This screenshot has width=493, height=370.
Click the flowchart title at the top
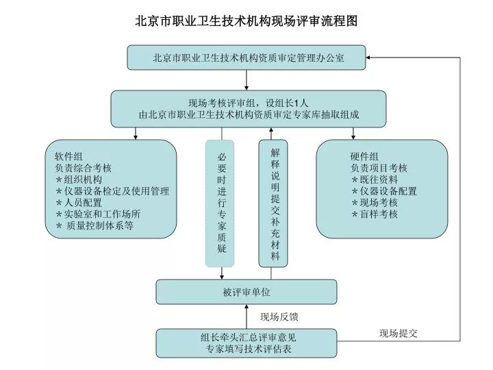(246, 21)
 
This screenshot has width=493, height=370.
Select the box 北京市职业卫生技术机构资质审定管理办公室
(246, 58)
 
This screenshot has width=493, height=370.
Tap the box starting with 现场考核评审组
(249, 109)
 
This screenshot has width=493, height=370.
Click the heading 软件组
(69, 156)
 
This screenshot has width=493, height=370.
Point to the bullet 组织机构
(79, 180)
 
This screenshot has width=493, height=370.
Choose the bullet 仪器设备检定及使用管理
(112, 191)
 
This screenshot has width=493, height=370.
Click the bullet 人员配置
(79, 202)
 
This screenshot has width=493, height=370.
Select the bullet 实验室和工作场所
(98, 214)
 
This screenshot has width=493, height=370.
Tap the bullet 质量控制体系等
(94, 225)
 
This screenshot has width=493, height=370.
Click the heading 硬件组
(364, 156)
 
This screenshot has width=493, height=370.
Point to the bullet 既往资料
(375, 180)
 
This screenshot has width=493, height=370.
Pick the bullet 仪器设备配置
(384, 191)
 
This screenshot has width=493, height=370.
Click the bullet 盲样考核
(375, 214)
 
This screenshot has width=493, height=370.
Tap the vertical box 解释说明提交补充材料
(273, 203)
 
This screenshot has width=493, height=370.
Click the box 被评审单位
(246, 292)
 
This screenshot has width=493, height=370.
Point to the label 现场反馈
(279, 317)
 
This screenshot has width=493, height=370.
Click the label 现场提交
(399, 333)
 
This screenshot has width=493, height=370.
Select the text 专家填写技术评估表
(249, 349)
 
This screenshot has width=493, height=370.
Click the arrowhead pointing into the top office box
(368, 58)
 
